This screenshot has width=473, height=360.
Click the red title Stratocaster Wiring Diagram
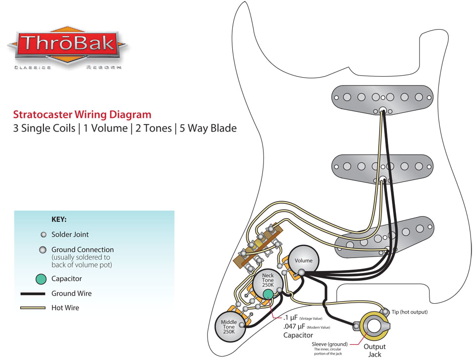pyautogui.click(x=82, y=115)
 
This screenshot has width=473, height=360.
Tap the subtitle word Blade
pyautogui.click(x=223, y=129)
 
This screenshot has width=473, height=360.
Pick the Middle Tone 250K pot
pyautogui.click(x=229, y=327)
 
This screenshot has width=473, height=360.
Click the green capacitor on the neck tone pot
pyautogui.click(x=267, y=295)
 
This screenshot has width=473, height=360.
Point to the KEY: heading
pyautogui.click(x=59, y=219)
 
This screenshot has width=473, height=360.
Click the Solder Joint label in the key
pyautogui.click(x=70, y=234)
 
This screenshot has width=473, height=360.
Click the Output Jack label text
pyautogui.click(x=375, y=350)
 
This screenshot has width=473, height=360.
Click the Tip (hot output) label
pyautogui.click(x=410, y=312)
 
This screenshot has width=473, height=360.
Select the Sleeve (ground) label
pyautogui.click(x=330, y=344)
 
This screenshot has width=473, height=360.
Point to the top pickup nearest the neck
pyautogui.click(x=383, y=97)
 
